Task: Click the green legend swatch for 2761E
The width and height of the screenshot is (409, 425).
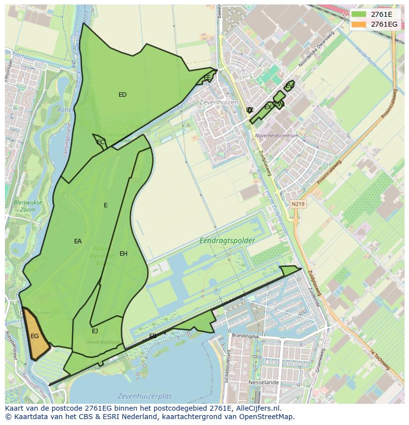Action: click(359, 15)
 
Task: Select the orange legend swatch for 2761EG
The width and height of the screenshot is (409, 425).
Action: click(359, 24)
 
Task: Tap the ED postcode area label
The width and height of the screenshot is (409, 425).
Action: click(123, 95)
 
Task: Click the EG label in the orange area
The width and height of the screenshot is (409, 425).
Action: click(35, 336)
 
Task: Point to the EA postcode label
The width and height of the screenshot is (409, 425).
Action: click(78, 241)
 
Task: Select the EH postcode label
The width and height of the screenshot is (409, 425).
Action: click(123, 254)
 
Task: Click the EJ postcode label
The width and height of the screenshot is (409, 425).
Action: click(95, 331)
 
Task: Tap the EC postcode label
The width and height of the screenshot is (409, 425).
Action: click(100, 142)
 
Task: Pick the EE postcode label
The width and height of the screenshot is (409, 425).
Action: click(207, 77)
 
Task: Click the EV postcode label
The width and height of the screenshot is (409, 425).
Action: click(289, 86)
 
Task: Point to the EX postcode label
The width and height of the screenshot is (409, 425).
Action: click(267, 107)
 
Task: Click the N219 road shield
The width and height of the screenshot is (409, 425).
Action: click(298, 203)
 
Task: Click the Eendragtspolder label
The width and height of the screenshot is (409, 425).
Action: click(227, 240)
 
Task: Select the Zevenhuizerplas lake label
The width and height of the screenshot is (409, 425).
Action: click(145, 396)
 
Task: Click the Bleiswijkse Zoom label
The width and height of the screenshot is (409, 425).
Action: click(28, 206)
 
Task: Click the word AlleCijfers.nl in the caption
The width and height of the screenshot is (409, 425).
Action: click(256, 408)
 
